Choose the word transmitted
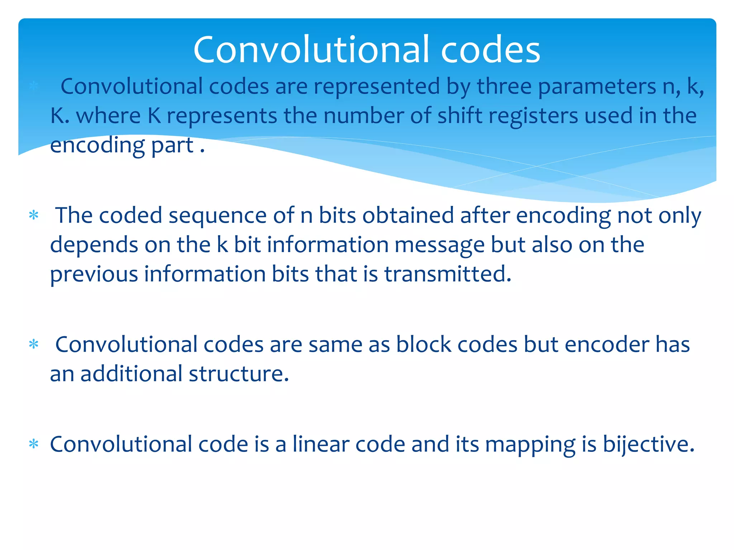[448, 274]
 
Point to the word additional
[132, 374]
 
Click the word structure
[239, 374]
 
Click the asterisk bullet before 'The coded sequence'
[34, 216]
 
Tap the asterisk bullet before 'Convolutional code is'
[34, 444]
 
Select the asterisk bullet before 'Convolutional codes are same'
[34, 344]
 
